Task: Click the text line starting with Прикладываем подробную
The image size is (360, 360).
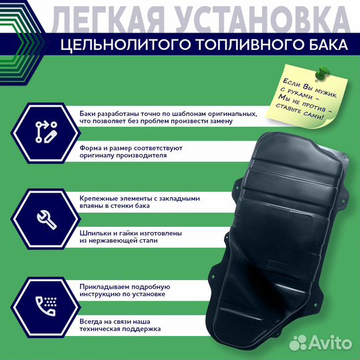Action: (x=131, y=285)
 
